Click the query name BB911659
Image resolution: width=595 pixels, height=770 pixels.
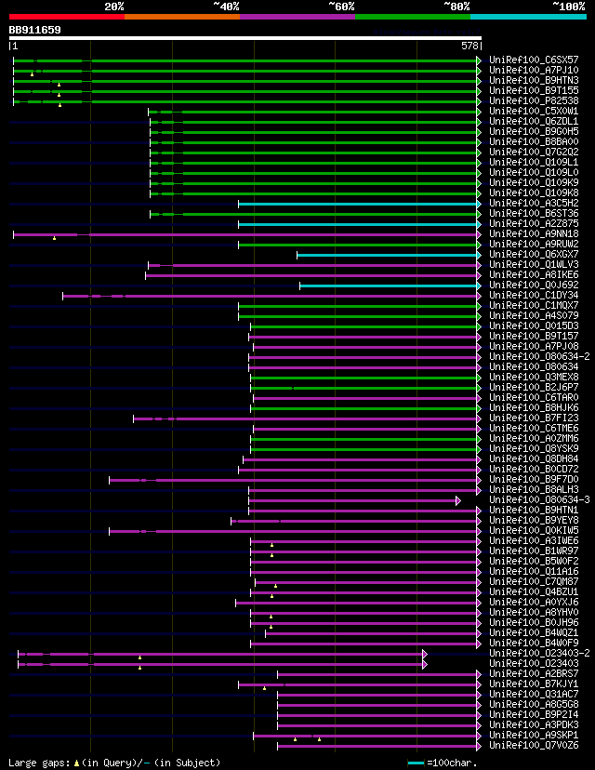point(35,30)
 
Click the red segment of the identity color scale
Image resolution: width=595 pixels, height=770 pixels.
point(66,16)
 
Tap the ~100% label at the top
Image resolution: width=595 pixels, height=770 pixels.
point(568,7)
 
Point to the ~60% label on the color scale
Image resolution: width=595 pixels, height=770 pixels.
point(340,7)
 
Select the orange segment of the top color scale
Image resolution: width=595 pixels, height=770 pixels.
point(181,16)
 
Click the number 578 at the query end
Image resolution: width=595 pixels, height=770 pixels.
point(469,46)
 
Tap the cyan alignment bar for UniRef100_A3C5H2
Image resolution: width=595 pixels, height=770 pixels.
point(358,204)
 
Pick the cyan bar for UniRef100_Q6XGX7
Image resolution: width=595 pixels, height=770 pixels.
point(387,255)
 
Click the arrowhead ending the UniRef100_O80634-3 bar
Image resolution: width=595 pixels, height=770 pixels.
point(458,500)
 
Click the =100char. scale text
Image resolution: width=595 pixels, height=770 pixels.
point(455,763)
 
